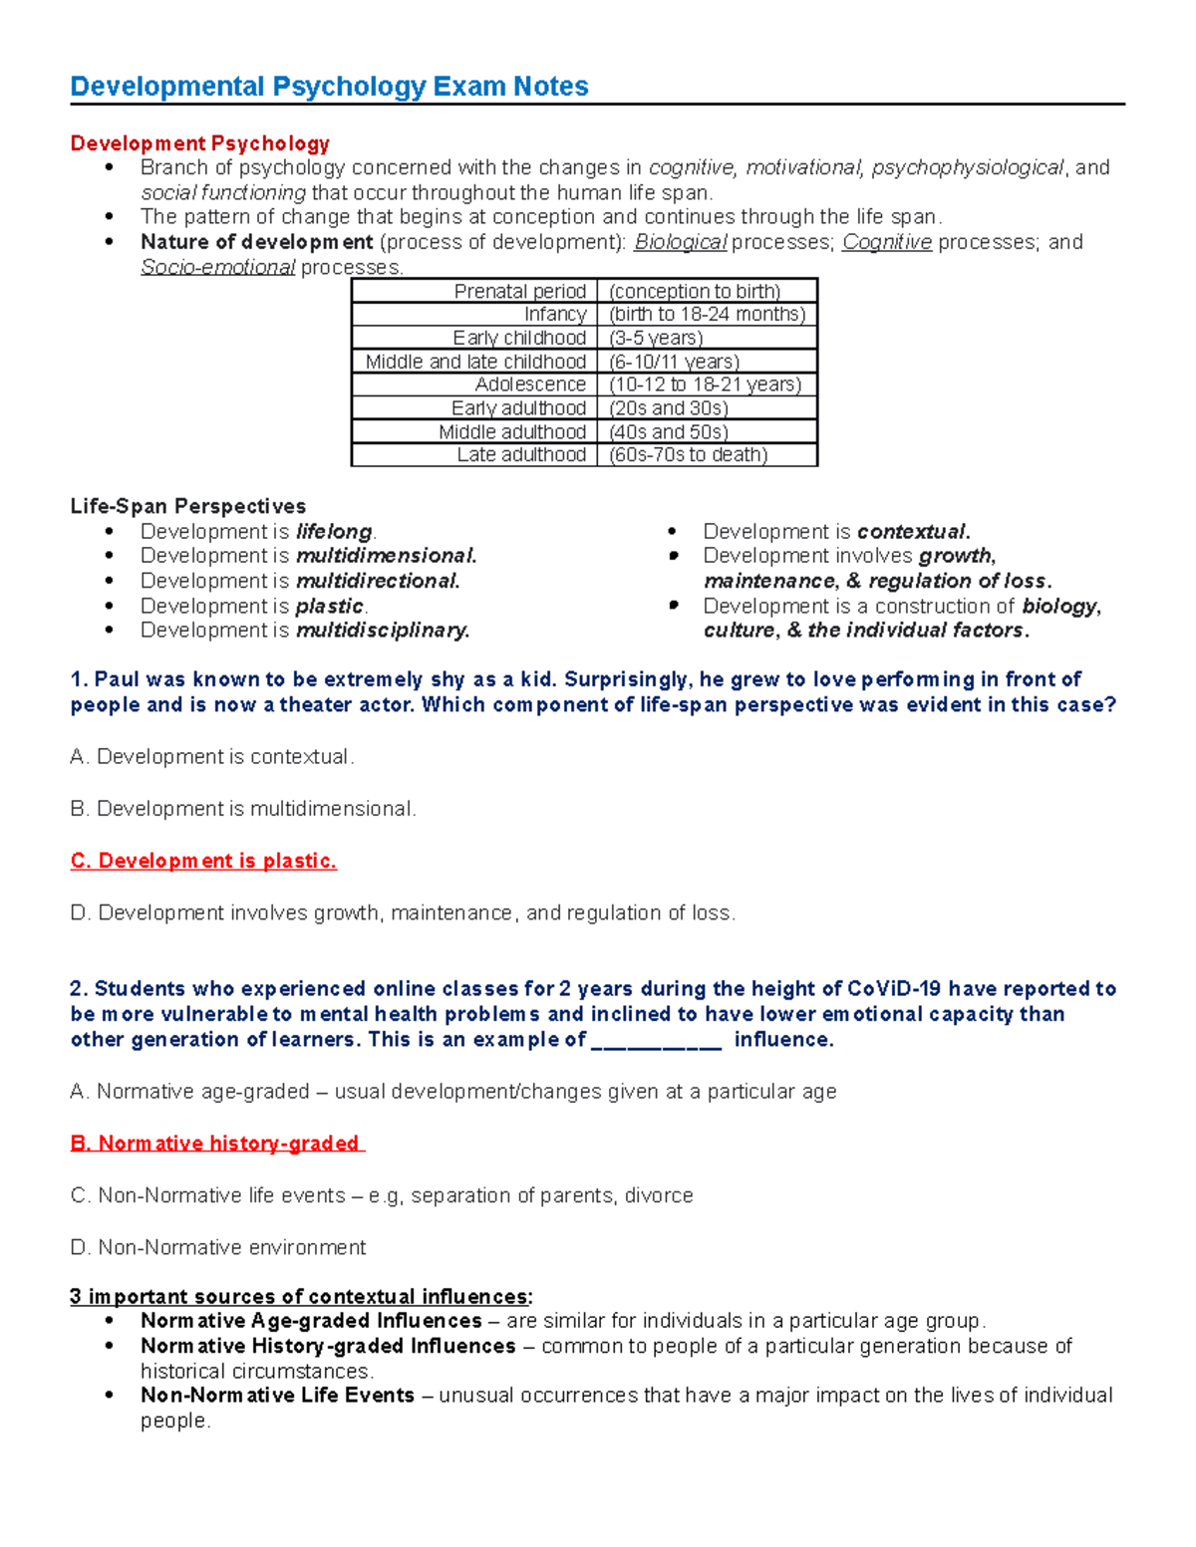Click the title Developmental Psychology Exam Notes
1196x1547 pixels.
tap(329, 87)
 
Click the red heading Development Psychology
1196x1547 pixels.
tap(199, 143)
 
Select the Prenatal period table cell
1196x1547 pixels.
tap(519, 291)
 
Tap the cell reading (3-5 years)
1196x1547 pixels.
tap(656, 338)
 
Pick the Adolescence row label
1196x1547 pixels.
tap(529, 385)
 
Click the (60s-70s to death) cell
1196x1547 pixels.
tap(688, 455)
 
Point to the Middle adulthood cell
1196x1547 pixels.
tap(511, 431)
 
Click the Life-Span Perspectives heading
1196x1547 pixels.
tap(187, 506)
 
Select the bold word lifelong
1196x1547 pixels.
tap(334, 532)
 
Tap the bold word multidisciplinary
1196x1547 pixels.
tap(382, 631)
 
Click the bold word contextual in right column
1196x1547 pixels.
tap(912, 532)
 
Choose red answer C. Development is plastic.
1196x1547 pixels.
tap(203, 861)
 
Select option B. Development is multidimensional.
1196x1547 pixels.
tap(242, 809)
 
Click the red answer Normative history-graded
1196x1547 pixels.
tap(215, 1144)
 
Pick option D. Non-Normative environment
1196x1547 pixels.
tap(218, 1247)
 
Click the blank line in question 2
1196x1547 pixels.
tap(656, 1040)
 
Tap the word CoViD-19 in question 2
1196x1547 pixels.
tap(893, 989)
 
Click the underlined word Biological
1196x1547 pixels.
tap(681, 242)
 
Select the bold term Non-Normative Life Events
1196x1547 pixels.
tap(277, 1396)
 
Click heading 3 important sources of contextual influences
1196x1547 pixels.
tap(300, 1297)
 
